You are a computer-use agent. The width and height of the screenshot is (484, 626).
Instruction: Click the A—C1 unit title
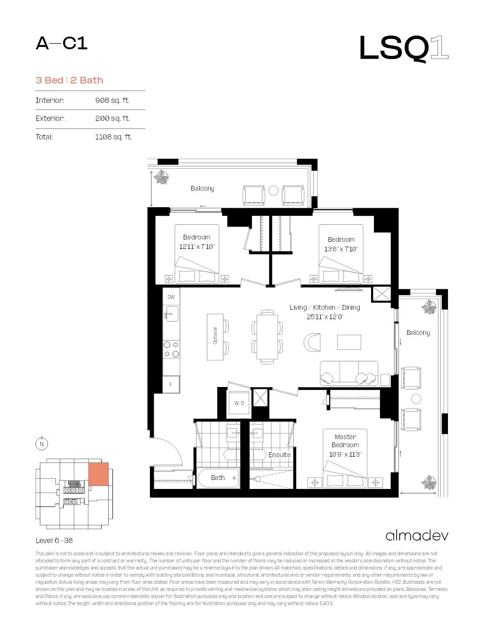(x=62, y=44)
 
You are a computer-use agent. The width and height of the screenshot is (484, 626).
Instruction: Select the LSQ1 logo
(x=403, y=48)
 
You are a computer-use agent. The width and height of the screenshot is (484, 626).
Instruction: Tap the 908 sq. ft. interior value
(x=112, y=101)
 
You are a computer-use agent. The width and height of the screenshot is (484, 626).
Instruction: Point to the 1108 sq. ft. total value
(x=113, y=137)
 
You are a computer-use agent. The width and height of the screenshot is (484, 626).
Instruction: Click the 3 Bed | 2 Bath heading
(x=69, y=81)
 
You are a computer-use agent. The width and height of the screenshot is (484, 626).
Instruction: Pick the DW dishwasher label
(x=171, y=297)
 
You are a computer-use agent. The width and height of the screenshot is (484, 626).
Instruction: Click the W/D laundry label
(x=239, y=403)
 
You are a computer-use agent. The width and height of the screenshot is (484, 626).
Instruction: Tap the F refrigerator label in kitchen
(x=171, y=385)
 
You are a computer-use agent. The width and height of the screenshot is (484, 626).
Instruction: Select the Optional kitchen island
(x=215, y=336)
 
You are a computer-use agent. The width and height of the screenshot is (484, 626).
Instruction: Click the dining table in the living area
(x=267, y=336)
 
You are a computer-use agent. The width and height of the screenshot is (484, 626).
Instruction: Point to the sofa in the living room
(x=349, y=373)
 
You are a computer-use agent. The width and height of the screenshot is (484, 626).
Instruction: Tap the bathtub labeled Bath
(x=218, y=478)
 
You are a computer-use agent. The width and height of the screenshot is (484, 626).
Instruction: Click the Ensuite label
(x=279, y=455)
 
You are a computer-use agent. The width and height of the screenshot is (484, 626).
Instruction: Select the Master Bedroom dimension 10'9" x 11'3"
(x=345, y=454)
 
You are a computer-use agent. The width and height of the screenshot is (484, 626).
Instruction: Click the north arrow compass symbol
(x=42, y=444)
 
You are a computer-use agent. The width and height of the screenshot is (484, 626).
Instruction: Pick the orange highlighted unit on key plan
(x=98, y=474)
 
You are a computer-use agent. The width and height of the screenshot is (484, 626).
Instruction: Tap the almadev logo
(x=417, y=535)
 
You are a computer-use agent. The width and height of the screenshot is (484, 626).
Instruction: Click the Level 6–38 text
(x=54, y=541)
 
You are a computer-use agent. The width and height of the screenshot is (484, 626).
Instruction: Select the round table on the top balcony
(x=273, y=191)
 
